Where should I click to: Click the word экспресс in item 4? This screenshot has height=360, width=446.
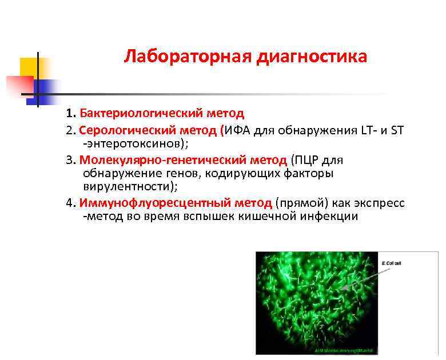[380, 203]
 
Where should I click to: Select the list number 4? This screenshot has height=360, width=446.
[70, 203]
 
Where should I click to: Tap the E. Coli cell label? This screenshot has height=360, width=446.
[391, 263]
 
